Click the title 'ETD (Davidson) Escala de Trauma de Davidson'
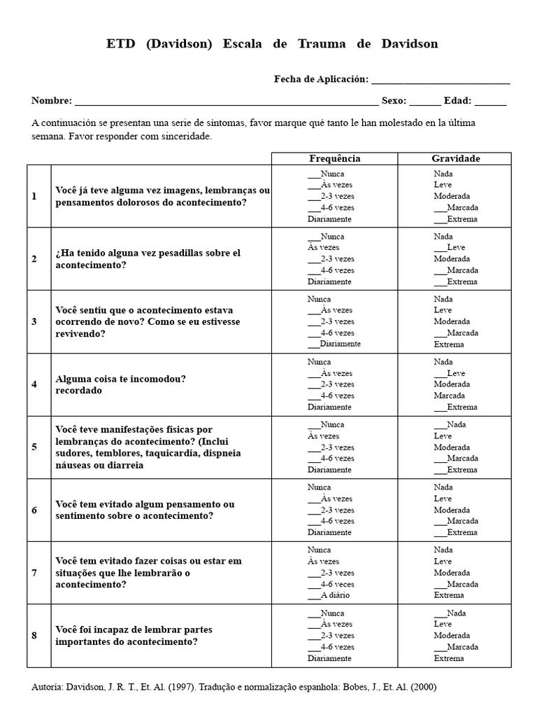click(272, 44)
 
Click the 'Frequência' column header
click(335, 159)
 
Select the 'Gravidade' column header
click(455, 159)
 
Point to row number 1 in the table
click(34, 196)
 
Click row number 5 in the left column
click(34, 447)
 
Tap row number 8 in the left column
click(34, 636)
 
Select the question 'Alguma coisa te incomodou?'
click(120, 379)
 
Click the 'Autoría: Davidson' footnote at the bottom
click(234, 687)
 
